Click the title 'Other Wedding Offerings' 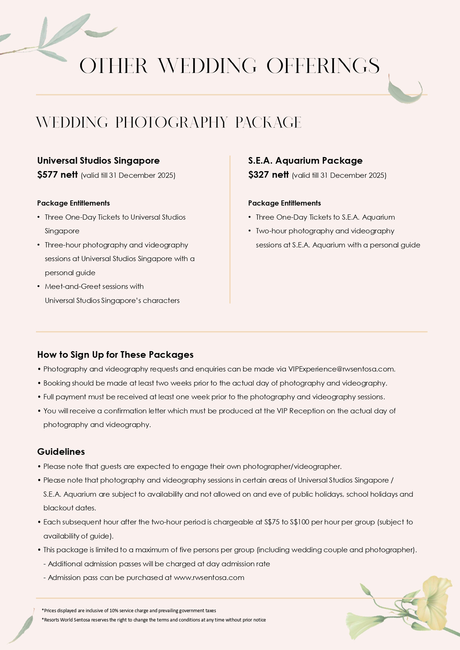coord(229,66)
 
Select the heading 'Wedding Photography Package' coord(169,122)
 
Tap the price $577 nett coord(58,175)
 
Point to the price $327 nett coord(268,175)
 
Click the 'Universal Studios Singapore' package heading coord(99,160)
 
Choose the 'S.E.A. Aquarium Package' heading coord(305,160)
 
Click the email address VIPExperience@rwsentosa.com coord(341,369)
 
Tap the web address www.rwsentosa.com coord(209,577)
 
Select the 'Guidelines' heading coord(61,452)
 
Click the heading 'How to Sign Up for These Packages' coord(115,354)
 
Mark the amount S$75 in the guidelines coord(272,522)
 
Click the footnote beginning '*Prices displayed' coord(129,611)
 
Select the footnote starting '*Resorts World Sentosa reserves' coord(154,620)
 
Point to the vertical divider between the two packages coord(230,230)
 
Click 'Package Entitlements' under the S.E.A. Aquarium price coord(284,203)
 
